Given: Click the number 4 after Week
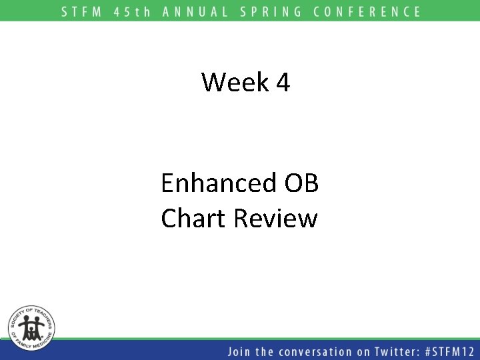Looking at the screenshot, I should tap(282, 83).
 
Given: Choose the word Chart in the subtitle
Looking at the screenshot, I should tap(194, 218).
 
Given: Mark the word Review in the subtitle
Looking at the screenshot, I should tap(276, 218).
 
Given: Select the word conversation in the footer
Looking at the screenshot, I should tap(312, 351).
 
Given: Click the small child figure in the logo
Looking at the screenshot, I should tap(31, 330).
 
